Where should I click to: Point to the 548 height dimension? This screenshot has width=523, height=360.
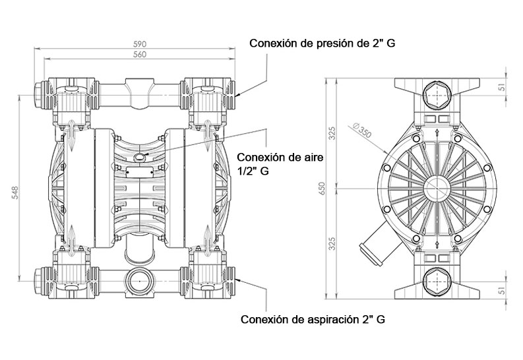(x=15, y=191)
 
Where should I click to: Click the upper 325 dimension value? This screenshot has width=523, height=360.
(x=333, y=134)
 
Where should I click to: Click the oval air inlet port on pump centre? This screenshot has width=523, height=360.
(x=140, y=156)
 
